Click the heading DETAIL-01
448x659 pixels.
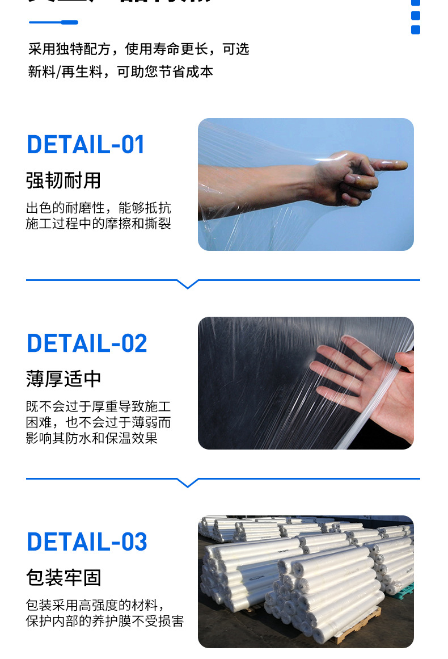click(86, 145)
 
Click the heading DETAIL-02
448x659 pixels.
click(87, 343)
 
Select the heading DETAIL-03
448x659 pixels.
click(87, 542)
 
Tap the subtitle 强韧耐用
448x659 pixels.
click(64, 181)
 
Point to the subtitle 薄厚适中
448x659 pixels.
click(64, 379)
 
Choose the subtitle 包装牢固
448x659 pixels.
click(64, 578)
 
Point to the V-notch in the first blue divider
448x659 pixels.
click(187, 284)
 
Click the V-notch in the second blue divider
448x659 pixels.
click(187, 482)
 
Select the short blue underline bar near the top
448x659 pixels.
click(53, 23)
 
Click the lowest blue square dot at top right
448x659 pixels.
click(416, 30)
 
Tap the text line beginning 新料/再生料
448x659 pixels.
click(121, 72)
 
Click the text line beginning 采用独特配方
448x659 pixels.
click(139, 49)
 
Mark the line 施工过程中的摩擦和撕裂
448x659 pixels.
click(99, 224)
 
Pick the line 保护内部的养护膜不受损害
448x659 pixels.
click(105, 621)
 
